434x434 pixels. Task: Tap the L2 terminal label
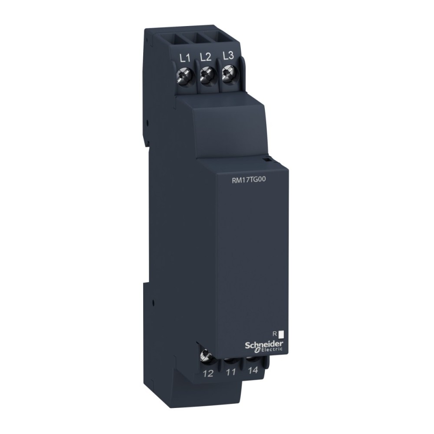pos(206,57)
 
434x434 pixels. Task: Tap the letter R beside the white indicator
pos(274,333)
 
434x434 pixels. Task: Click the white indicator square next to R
pos(281,334)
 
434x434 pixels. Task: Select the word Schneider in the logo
pos(261,343)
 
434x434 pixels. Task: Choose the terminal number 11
pos(231,372)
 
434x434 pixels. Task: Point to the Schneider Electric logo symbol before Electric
pos(256,350)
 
